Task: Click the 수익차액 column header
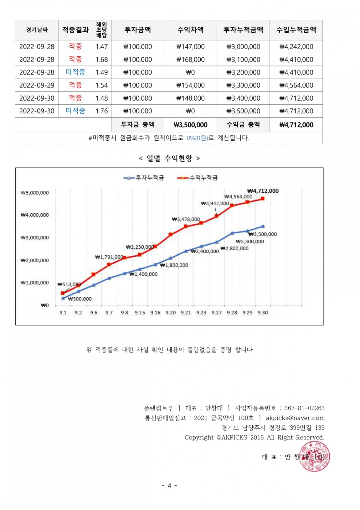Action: (190, 30)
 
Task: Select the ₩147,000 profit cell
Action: (190, 47)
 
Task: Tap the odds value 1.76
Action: (101, 111)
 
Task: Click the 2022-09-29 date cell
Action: (37, 85)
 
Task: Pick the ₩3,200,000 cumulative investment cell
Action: (243, 72)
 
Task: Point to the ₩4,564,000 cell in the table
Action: (296, 85)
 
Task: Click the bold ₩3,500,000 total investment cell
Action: (190, 125)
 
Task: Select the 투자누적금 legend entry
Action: (144, 178)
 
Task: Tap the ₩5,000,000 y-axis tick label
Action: (35, 193)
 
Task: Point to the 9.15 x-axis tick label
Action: (140, 312)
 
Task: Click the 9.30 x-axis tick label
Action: (263, 312)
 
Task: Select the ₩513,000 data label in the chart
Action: (69, 284)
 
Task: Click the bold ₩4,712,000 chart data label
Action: (263, 191)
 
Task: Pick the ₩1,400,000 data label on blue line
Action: (144, 274)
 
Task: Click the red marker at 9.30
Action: (263, 199)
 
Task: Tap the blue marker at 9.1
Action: (63, 298)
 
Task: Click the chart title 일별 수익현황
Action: (169, 159)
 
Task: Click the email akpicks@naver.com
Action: (295, 418)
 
